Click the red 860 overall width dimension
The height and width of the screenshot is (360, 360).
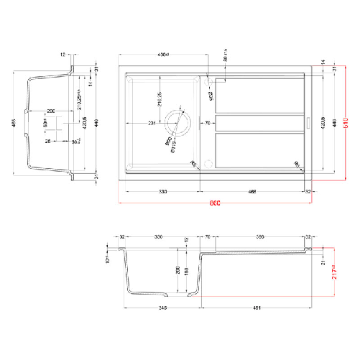[x=213, y=205]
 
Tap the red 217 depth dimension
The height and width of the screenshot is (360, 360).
[x=333, y=273]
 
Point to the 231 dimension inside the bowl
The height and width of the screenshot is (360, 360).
[x=153, y=124]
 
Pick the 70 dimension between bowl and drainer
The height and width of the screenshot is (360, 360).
[x=207, y=124]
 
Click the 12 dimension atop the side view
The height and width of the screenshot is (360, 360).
[x=63, y=54]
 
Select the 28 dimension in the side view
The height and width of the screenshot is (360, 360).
[x=48, y=142]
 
